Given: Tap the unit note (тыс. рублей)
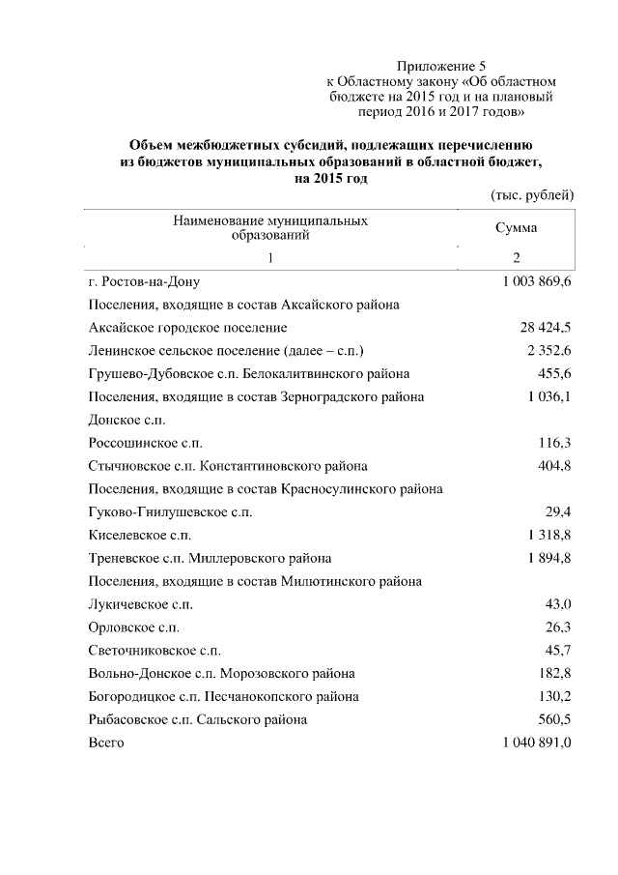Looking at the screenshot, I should click(x=532, y=194).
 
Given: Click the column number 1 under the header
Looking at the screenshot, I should click(x=270, y=258).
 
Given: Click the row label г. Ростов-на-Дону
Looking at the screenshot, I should click(x=143, y=282).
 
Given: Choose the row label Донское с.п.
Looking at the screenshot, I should click(x=126, y=420).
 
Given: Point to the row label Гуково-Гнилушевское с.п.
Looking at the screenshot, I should click(x=169, y=512).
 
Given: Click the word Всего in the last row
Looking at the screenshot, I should click(x=106, y=743).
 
